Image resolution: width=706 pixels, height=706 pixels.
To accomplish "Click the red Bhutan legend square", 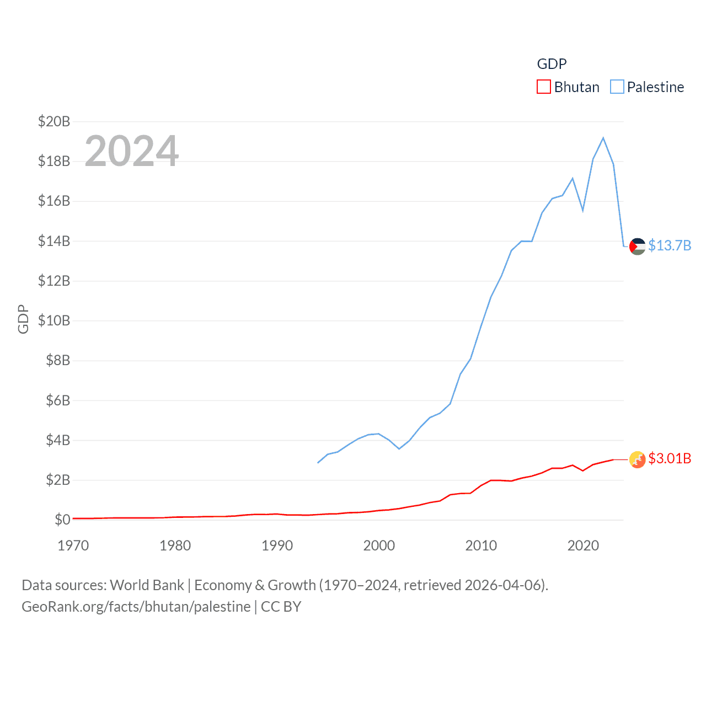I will [x=543, y=87].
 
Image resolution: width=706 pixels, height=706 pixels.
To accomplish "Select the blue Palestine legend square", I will [x=617, y=87].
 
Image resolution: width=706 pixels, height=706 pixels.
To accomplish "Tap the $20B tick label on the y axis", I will [x=54, y=121].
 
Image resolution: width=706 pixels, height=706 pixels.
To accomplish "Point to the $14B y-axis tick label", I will [x=54, y=241].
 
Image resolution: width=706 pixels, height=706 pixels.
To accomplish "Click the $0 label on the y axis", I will [x=62, y=520].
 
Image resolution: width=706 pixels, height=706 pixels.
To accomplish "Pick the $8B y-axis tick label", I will [x=58, y=361].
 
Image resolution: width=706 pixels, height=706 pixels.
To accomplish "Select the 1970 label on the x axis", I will [x=73, y=545].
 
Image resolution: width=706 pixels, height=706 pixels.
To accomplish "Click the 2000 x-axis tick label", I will [x=379, y=545].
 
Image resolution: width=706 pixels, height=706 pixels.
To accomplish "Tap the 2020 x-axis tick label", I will [x=583, y=545].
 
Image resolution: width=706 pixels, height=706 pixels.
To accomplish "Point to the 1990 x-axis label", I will [x=277, y=545].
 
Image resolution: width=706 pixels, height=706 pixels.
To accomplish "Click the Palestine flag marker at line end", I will [x=637, y=246].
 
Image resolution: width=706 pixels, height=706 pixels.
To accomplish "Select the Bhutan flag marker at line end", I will [x=637, y=459].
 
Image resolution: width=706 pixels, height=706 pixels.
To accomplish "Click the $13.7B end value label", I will [x=670, y=245].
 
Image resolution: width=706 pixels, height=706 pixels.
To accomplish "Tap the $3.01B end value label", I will [x=670, y=458].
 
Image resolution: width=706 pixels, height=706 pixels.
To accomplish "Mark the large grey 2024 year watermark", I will [x=132, y=151].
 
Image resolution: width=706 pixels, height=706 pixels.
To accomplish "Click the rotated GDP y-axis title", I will [x=23, y=319].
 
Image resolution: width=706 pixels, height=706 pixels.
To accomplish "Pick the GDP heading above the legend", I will [x=552, y=64].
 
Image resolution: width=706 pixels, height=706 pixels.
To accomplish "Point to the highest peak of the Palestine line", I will [x=603, y=138].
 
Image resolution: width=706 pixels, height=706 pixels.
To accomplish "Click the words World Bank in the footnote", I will [x=147, y=585].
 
